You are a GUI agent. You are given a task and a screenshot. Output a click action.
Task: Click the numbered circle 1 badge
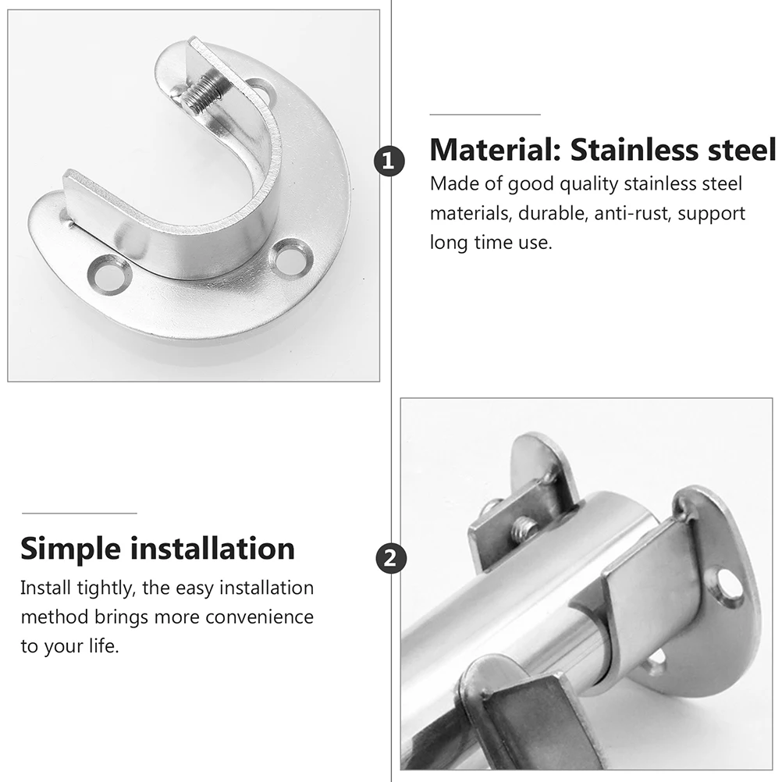389,162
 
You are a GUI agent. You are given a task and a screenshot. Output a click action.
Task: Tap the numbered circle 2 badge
389,558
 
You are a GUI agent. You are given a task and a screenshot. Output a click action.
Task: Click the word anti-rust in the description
632,213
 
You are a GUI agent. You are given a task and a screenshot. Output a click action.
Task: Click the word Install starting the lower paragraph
46,588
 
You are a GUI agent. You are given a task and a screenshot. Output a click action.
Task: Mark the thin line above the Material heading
485,114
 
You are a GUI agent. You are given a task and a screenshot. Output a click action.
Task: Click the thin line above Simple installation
79,513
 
